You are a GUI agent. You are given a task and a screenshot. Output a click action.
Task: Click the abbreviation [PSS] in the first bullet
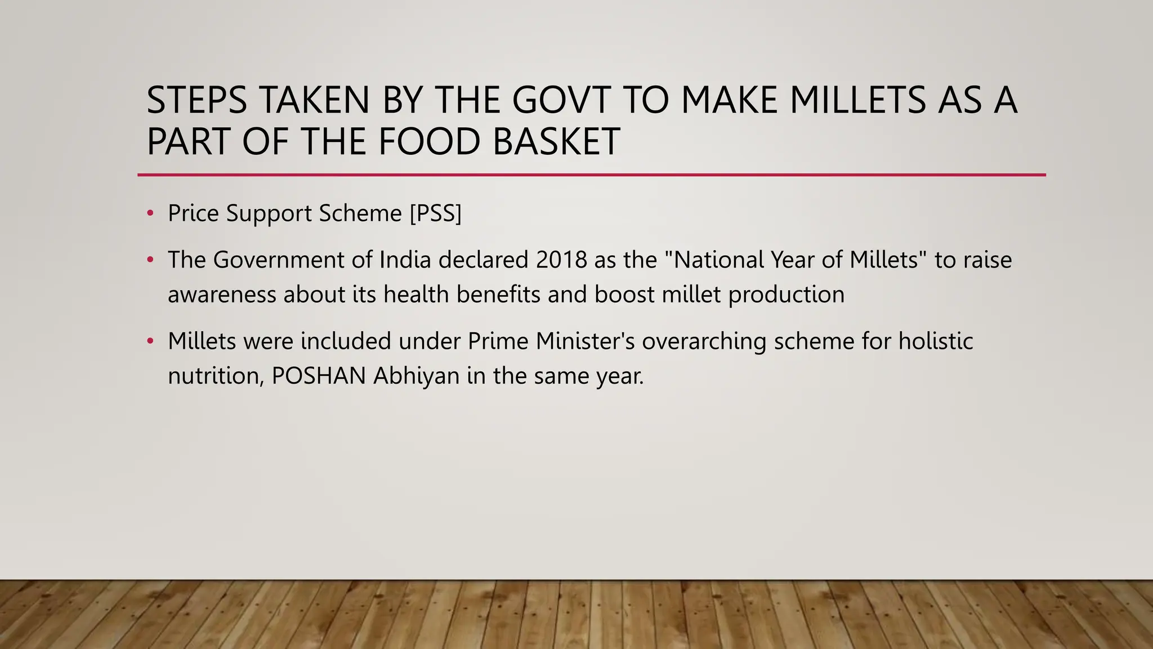point(435,214)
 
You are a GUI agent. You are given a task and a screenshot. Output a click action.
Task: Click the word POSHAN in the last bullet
point(319,376)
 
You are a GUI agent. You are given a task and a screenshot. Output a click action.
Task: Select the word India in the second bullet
point(405,260)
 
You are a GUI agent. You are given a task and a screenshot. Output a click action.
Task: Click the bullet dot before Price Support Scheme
point(150,214)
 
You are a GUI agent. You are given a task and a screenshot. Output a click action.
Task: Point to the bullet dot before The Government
point(150,260)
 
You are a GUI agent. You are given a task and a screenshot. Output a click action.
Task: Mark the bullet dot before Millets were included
point(150,341)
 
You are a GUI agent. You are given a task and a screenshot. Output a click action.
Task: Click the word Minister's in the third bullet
point(585,341)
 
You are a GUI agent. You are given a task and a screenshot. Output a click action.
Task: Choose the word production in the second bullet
point(786,295)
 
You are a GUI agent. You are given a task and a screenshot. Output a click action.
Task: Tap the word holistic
point(935,341)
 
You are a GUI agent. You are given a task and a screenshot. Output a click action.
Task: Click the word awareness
point(222,295)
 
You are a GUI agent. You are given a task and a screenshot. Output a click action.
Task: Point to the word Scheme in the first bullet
point(360,214)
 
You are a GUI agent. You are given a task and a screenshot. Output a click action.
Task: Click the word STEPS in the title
point(196,100)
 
